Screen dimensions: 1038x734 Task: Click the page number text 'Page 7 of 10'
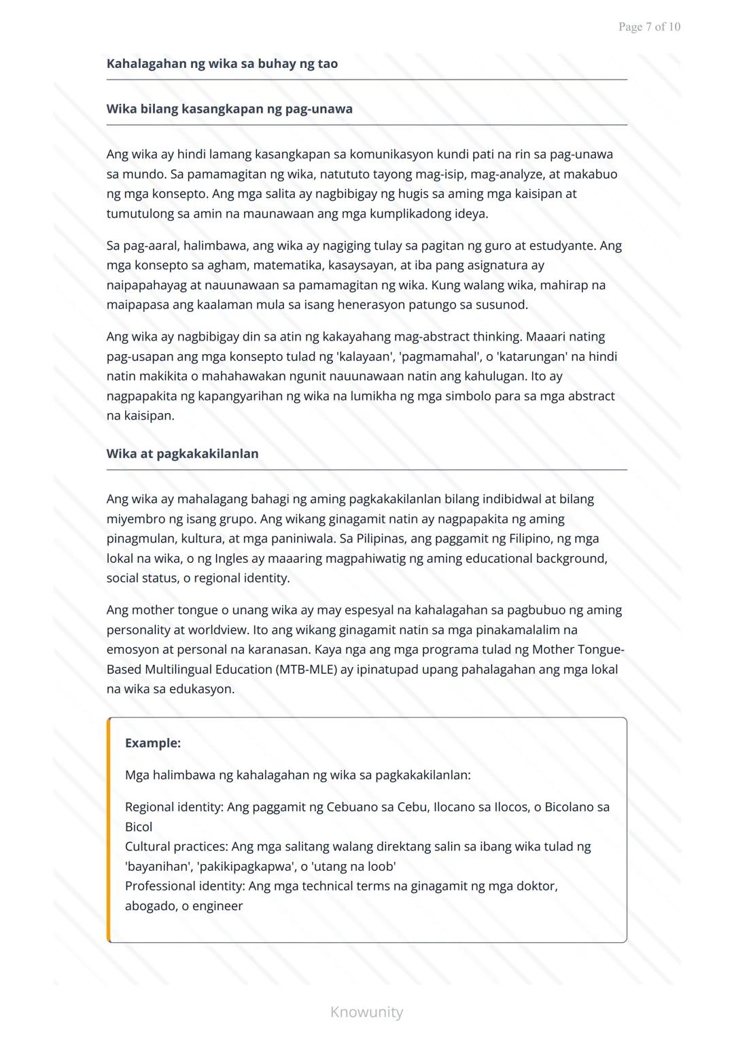pos(649,27)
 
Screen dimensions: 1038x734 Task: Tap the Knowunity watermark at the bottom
pos(366,1012)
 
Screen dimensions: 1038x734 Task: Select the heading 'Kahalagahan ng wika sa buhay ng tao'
pos(222,64)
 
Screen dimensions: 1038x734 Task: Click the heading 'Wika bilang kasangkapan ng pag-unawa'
pos(229,109)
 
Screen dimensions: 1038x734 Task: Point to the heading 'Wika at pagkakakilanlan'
pos(182,453)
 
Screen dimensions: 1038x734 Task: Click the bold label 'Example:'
pos(153,743)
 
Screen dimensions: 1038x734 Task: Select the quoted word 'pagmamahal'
pos(438,356)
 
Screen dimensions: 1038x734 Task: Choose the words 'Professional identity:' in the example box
pos(185,886)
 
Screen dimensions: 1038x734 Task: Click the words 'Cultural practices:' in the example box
pos(176,846)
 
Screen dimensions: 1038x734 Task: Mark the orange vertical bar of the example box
pos(109,829)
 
